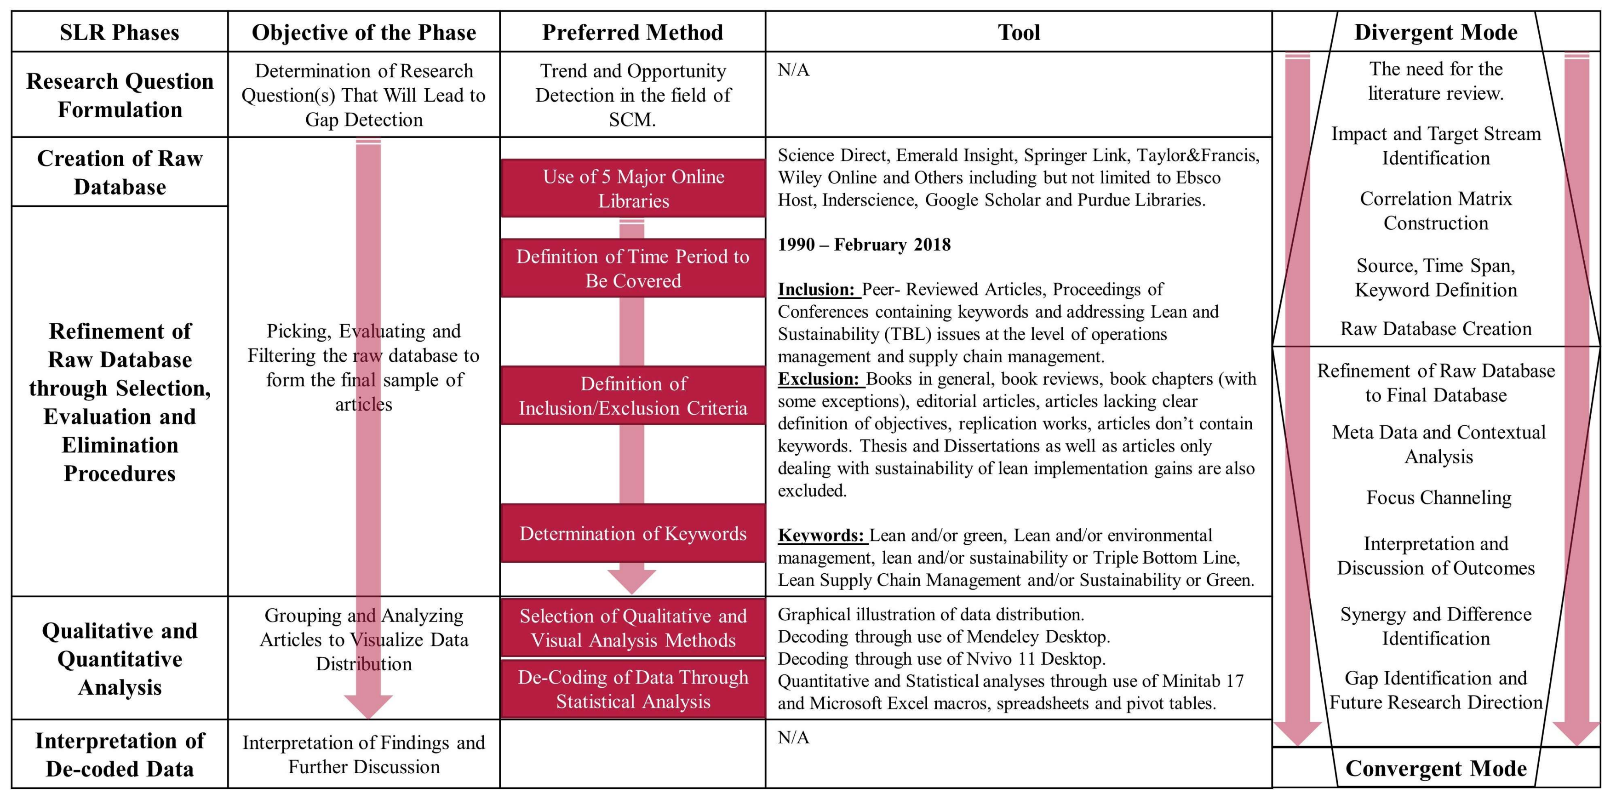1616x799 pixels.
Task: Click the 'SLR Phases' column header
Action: pyautogui.click(x=119, y=32)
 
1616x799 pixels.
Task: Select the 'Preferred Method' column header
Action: pyautogui.click(x=632, y=32)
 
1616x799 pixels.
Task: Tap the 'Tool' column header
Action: pyautogui.click(x=1019, y=32)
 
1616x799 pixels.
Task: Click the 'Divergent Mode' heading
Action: pyautogui.click(x=1435, y=32)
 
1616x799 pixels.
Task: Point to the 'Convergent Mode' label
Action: pyautogui.click(x=1435, y=768)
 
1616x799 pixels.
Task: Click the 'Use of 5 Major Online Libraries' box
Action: pyautogui.click(x=633, y=188)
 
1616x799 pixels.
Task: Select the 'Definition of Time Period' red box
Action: pyautogui.click(x=633, y=268)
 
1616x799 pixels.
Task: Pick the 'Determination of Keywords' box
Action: pyautogui.click(x=633, y=533)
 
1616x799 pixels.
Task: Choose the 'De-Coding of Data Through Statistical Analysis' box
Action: pyautogui.click(x=633, y=689)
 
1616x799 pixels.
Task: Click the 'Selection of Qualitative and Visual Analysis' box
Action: pyautogui.click(x=633, y=628)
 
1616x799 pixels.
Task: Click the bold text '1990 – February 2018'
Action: pyautogui.click(x=864, y=245)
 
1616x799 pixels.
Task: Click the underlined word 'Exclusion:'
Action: pyautogui.click(x=819, y=379)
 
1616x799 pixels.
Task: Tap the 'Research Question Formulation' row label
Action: pyautogui.click(x=119, y=95)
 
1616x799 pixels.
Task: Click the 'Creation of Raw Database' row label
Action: pyautogui.click(x=119, y=172)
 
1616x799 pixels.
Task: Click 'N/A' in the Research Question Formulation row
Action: pyautogui.click(x=794, y=69)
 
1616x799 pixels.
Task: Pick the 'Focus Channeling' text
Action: pyautogui.click(x=1438, y=497)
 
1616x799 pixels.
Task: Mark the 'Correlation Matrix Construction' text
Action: pyautogui.click(x=1435, y=211)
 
